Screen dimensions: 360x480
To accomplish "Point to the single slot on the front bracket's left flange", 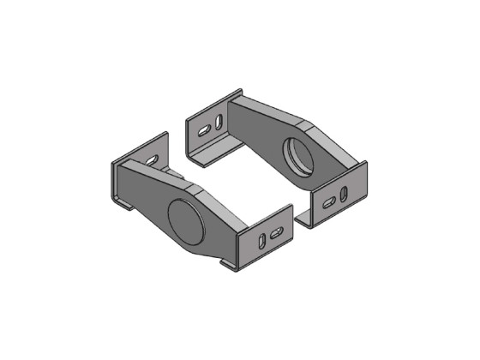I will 153,159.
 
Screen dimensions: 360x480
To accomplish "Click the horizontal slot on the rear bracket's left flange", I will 205,132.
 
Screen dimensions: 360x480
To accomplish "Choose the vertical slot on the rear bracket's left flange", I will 220,121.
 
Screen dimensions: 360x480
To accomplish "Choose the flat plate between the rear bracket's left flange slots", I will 213,127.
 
